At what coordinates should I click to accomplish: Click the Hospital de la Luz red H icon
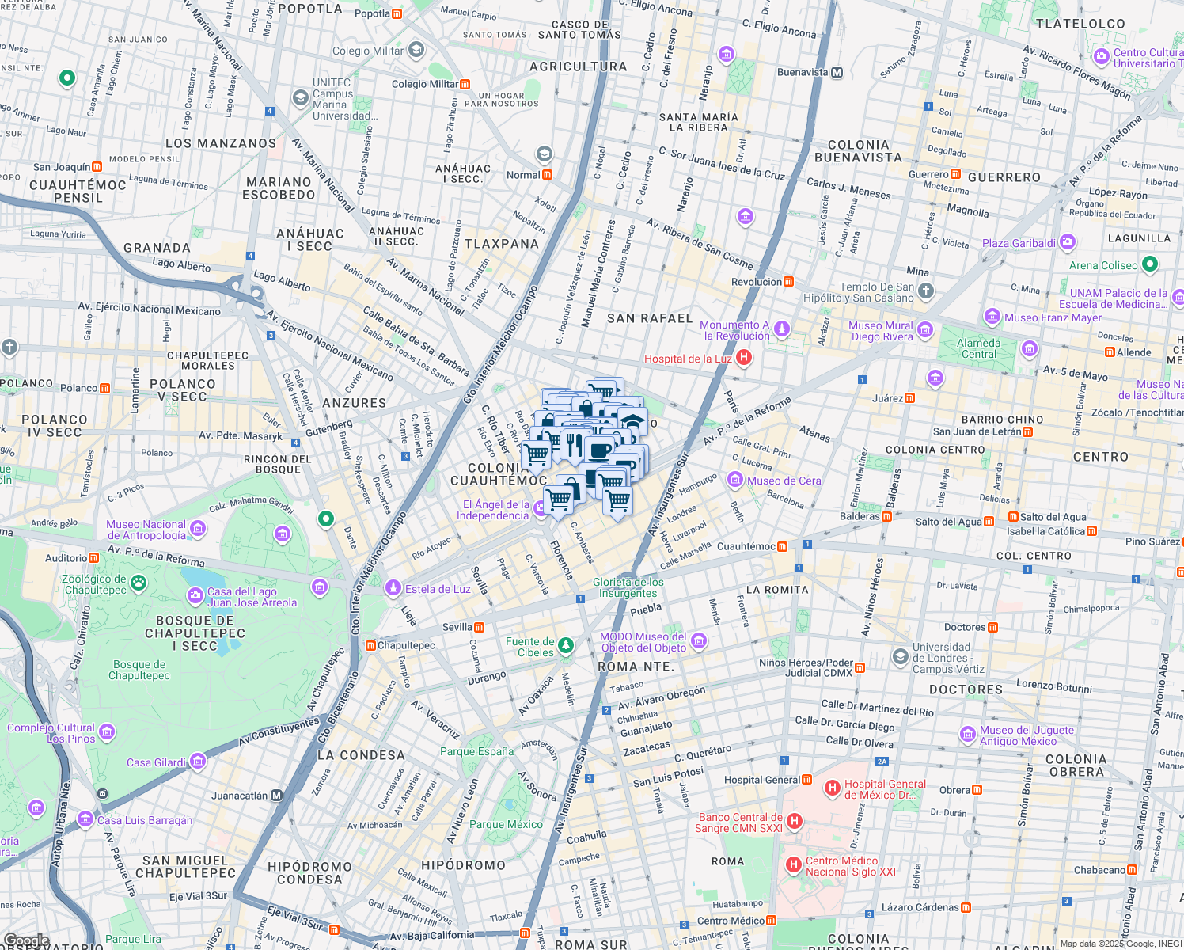(743, 358)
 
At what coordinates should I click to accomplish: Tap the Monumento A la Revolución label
(735, 330)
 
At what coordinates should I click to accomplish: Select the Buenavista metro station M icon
(837, 72)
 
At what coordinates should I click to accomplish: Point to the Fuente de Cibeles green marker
(566, 646)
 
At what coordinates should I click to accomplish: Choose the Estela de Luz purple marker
(393, 588)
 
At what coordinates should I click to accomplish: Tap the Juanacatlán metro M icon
(276, 795)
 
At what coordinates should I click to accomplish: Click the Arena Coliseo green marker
(1150, 264)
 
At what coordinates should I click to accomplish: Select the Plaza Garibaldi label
(1019, 243)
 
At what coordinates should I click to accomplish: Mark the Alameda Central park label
(978, 348)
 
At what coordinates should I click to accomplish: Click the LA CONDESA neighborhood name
(361, 755)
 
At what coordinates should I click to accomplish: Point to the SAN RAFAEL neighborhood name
(649, 318)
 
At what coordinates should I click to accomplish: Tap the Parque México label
(506, 824)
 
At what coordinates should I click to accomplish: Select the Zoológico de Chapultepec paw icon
(139, 583)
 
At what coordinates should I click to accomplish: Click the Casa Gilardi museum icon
(198, 762)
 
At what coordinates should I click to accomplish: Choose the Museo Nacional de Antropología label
(146, 530)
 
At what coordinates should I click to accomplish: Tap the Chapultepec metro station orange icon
(370, 645)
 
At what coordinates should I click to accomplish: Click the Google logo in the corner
(27, 940)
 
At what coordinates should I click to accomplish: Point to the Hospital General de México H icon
(832, 788)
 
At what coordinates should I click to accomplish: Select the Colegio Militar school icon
(416, 51)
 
